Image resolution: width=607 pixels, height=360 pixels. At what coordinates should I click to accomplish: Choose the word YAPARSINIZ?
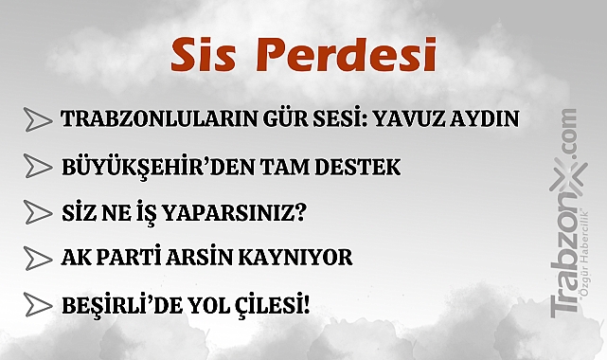click(x=241, y=212)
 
